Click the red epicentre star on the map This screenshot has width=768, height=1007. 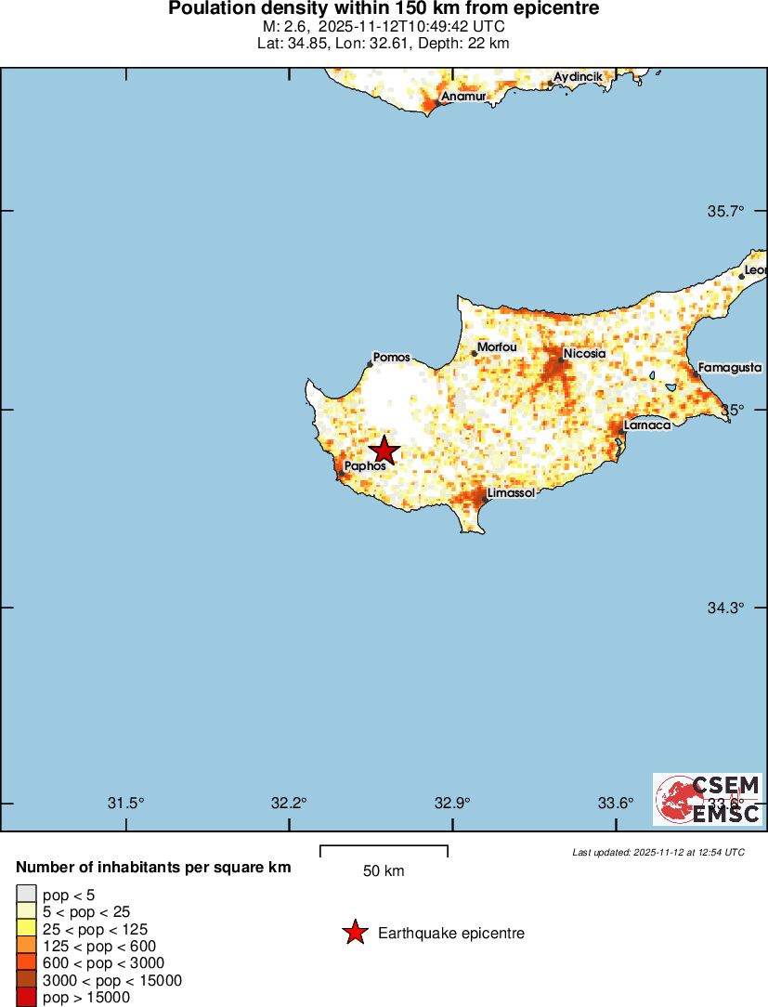click(384, 451)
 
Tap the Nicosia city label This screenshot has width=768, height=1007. click(584, 354)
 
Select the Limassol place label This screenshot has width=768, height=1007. click(511, 493)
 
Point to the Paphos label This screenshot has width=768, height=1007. click(364, 466)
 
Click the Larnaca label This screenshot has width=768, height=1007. click(647, 425)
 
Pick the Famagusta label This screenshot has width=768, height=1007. click(730, 368)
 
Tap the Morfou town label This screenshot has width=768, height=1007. click(497, 347)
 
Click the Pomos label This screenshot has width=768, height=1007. click(391, 357)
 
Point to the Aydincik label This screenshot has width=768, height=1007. click(578, 75)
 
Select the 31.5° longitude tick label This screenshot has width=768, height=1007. click(126, 803)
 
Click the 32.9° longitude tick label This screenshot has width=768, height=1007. click(452, 803)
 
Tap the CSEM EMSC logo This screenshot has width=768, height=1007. click(708, 799)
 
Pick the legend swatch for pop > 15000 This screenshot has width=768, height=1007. click(26, 998)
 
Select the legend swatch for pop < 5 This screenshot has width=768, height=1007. click(26, 895)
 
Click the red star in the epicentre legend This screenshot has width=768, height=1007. click(355, 933)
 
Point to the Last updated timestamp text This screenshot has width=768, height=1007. click(657, 852)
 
